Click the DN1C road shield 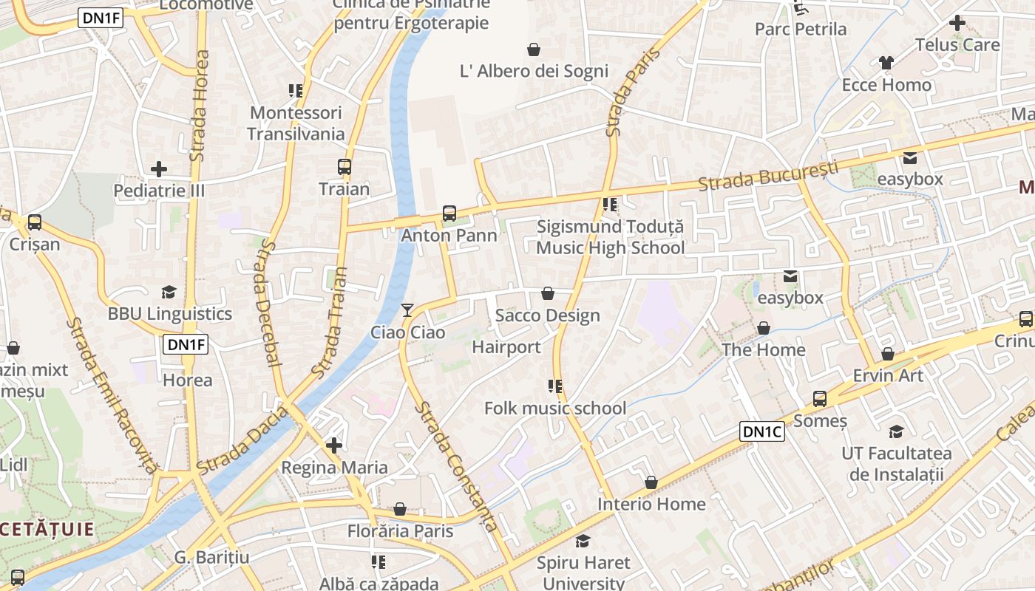pyautogui.click(x=762, y=431)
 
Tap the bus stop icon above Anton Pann pyautogui.click(x=449, y=214)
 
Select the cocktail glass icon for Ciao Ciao pyautogui.click(x=407, y=310)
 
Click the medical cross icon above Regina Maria pyautogui.click(x=334, y=445)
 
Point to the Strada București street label pyautogui.click(x=768, y=174)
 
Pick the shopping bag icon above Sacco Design pyautogui.click(x=548, y=294)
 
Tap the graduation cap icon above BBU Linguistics pyautogui.click(x=169, y=293)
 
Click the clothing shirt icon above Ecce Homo pyautogui.click(x=886, y=63)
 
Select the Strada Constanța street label pyautogui.click(x=455, y=465)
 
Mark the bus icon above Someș pyautogui.click(x=819, y=399)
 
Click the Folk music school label pyautogui.click(x=554, y=408)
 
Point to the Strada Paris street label pyautogui.click(x=623, y=92)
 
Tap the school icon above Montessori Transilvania pyautogui.click(x=296, y=91)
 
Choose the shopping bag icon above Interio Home pyautogui.click(x=651, y=482)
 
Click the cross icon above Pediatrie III pyautogui.click(x=158, y=169)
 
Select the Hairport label pyautogui.click(x=506, y=346)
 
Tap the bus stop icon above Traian pyautogui.click(x=345, y=167)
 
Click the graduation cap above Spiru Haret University pyautogui.click(x=583, y=542)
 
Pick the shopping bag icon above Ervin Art pyautogui.click(x=888, y=354)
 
